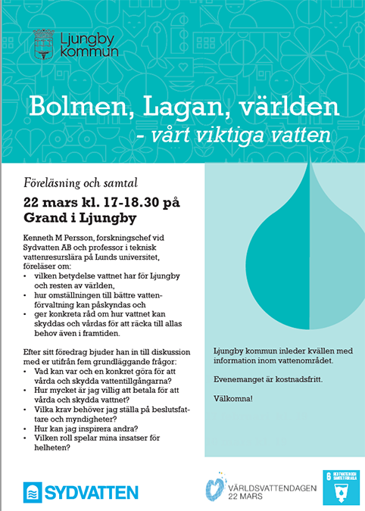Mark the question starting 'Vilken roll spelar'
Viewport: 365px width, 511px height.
point(96,438)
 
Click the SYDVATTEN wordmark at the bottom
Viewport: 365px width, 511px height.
point(90,492)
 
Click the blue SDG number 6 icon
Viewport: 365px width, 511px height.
point(340,488)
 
